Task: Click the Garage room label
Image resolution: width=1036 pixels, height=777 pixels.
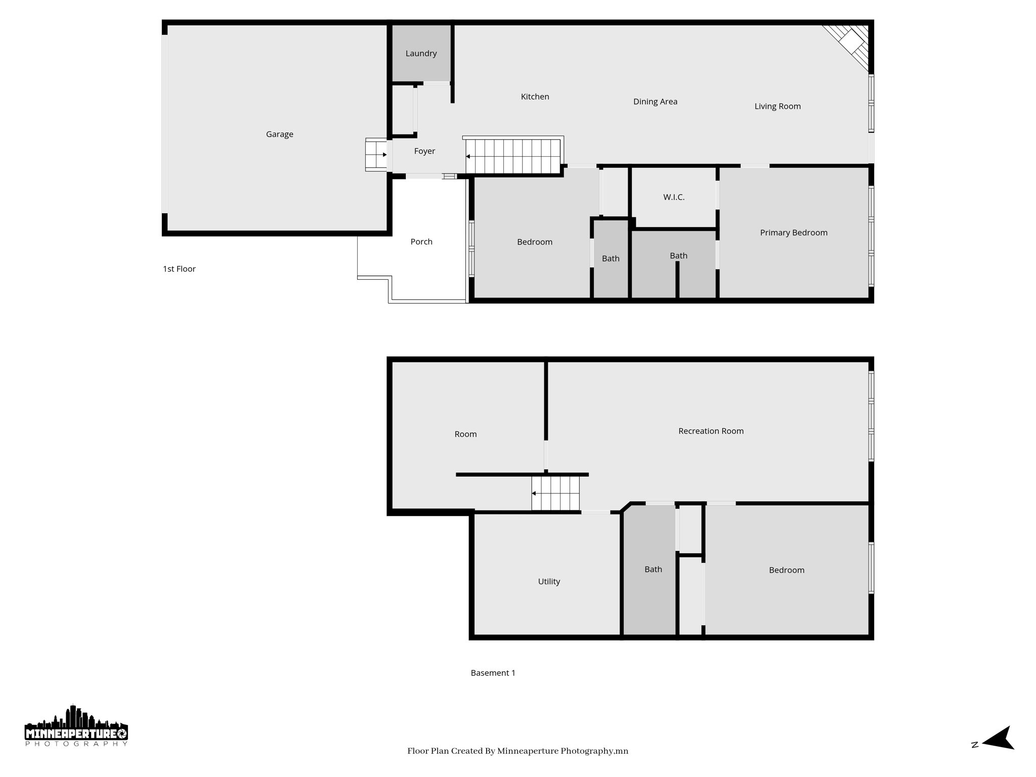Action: coord(279,134)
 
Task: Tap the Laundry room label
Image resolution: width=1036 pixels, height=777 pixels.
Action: coord(421,53)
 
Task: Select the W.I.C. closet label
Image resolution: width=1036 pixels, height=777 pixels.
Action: coord(674,197)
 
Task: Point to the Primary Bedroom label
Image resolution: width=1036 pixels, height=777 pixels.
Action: coord(793,233)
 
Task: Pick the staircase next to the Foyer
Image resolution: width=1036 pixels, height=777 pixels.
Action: coord(513,156)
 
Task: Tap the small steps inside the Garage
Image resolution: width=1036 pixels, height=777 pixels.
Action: coord(376,154)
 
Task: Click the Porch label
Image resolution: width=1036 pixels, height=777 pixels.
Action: coord(421,242)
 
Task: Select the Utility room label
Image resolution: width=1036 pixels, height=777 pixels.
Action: coord(549,581)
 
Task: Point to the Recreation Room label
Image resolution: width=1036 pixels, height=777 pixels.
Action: coord(711,431)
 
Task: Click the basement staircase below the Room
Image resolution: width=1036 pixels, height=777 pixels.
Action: coord(555,493)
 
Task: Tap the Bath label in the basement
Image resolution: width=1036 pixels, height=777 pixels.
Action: coord(653,570)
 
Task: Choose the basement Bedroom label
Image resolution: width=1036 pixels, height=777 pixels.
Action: coord(786,570)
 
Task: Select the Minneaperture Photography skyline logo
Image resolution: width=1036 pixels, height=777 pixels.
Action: coord(76,726)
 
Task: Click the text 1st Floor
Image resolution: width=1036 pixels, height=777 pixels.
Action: coord(179,269)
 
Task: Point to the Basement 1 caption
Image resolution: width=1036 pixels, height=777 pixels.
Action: coord(493,673)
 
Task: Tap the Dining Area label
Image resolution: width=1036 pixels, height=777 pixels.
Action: coord(655,102)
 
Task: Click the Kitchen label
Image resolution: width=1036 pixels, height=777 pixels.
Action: coord(535,97)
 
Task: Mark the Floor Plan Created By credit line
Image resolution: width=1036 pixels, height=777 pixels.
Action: coord(517,751)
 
